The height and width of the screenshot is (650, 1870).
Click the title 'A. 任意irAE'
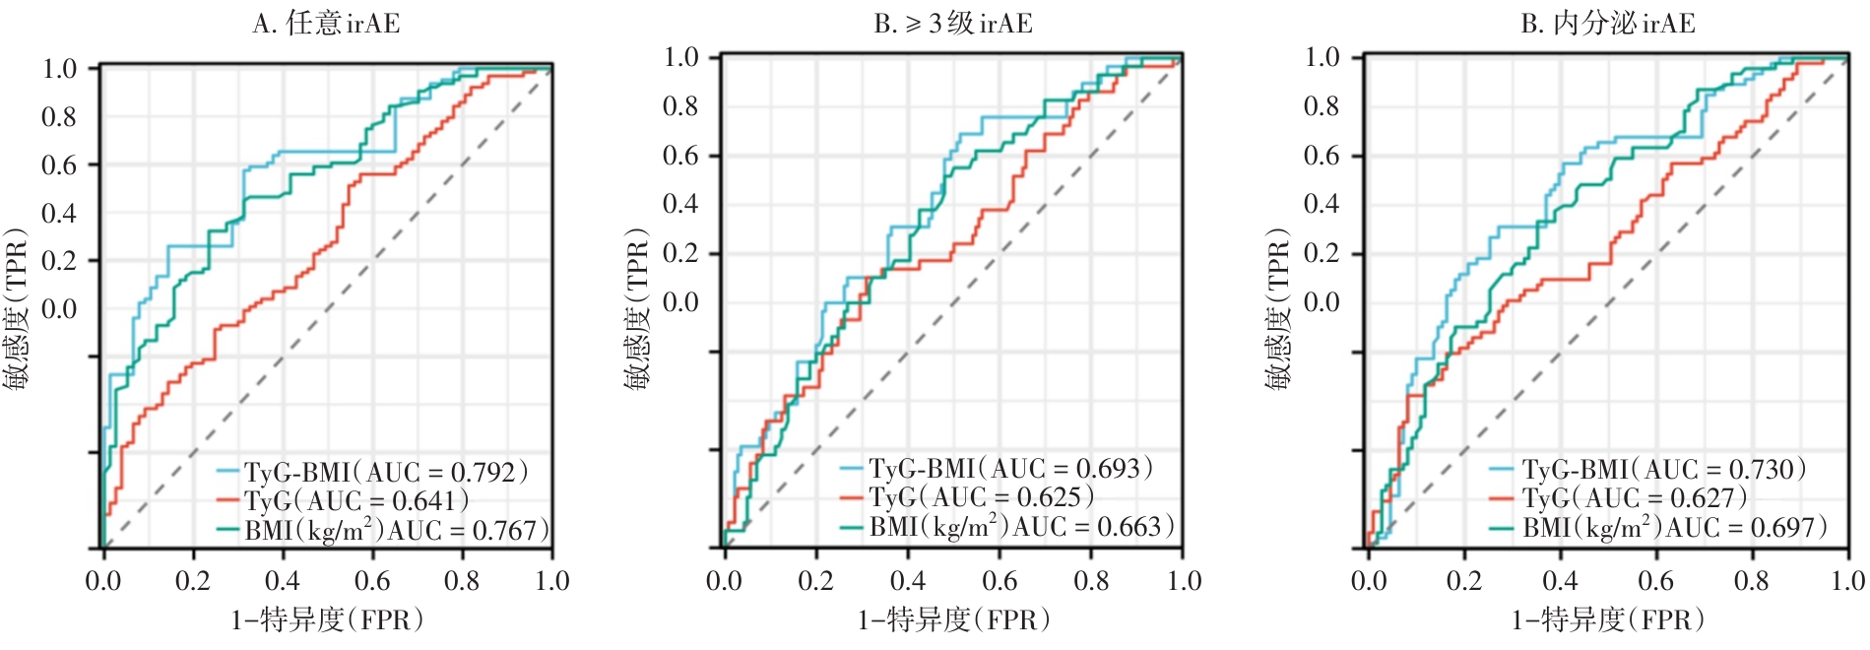coord(326,23)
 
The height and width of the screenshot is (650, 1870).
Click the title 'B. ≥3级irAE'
coord(953,23)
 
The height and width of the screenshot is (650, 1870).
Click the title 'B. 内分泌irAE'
coord(1607,23)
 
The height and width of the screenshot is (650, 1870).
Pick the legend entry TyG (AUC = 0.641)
coord(356,500)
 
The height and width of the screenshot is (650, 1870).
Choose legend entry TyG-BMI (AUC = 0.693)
coord(1010,468)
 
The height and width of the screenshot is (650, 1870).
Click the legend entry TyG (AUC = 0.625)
coord(981,497)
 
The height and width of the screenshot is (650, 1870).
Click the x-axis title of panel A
coord(328,619)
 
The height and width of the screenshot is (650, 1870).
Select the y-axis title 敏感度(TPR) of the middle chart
coord(637,309)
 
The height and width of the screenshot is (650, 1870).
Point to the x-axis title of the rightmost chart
coord(1608,619)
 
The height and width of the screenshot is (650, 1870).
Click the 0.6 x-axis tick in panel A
coord(372,581)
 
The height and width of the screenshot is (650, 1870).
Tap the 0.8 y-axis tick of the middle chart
coord(680,105)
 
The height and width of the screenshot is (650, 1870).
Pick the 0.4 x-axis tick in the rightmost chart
coord(1560,581)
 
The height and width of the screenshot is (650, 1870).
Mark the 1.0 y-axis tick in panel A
coord(59,68)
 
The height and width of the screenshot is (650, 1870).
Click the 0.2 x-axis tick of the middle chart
coord(815,581)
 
